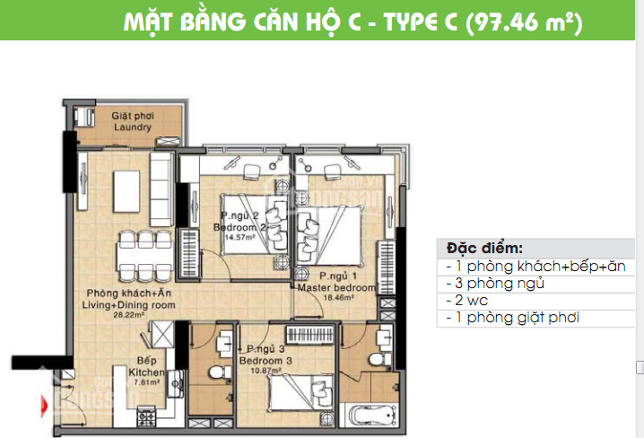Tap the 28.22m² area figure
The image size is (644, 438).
click(x=130, y=316)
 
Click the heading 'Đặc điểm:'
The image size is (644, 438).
click(x=484, y=249)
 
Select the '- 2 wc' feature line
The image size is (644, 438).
click(x=466, y=301)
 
